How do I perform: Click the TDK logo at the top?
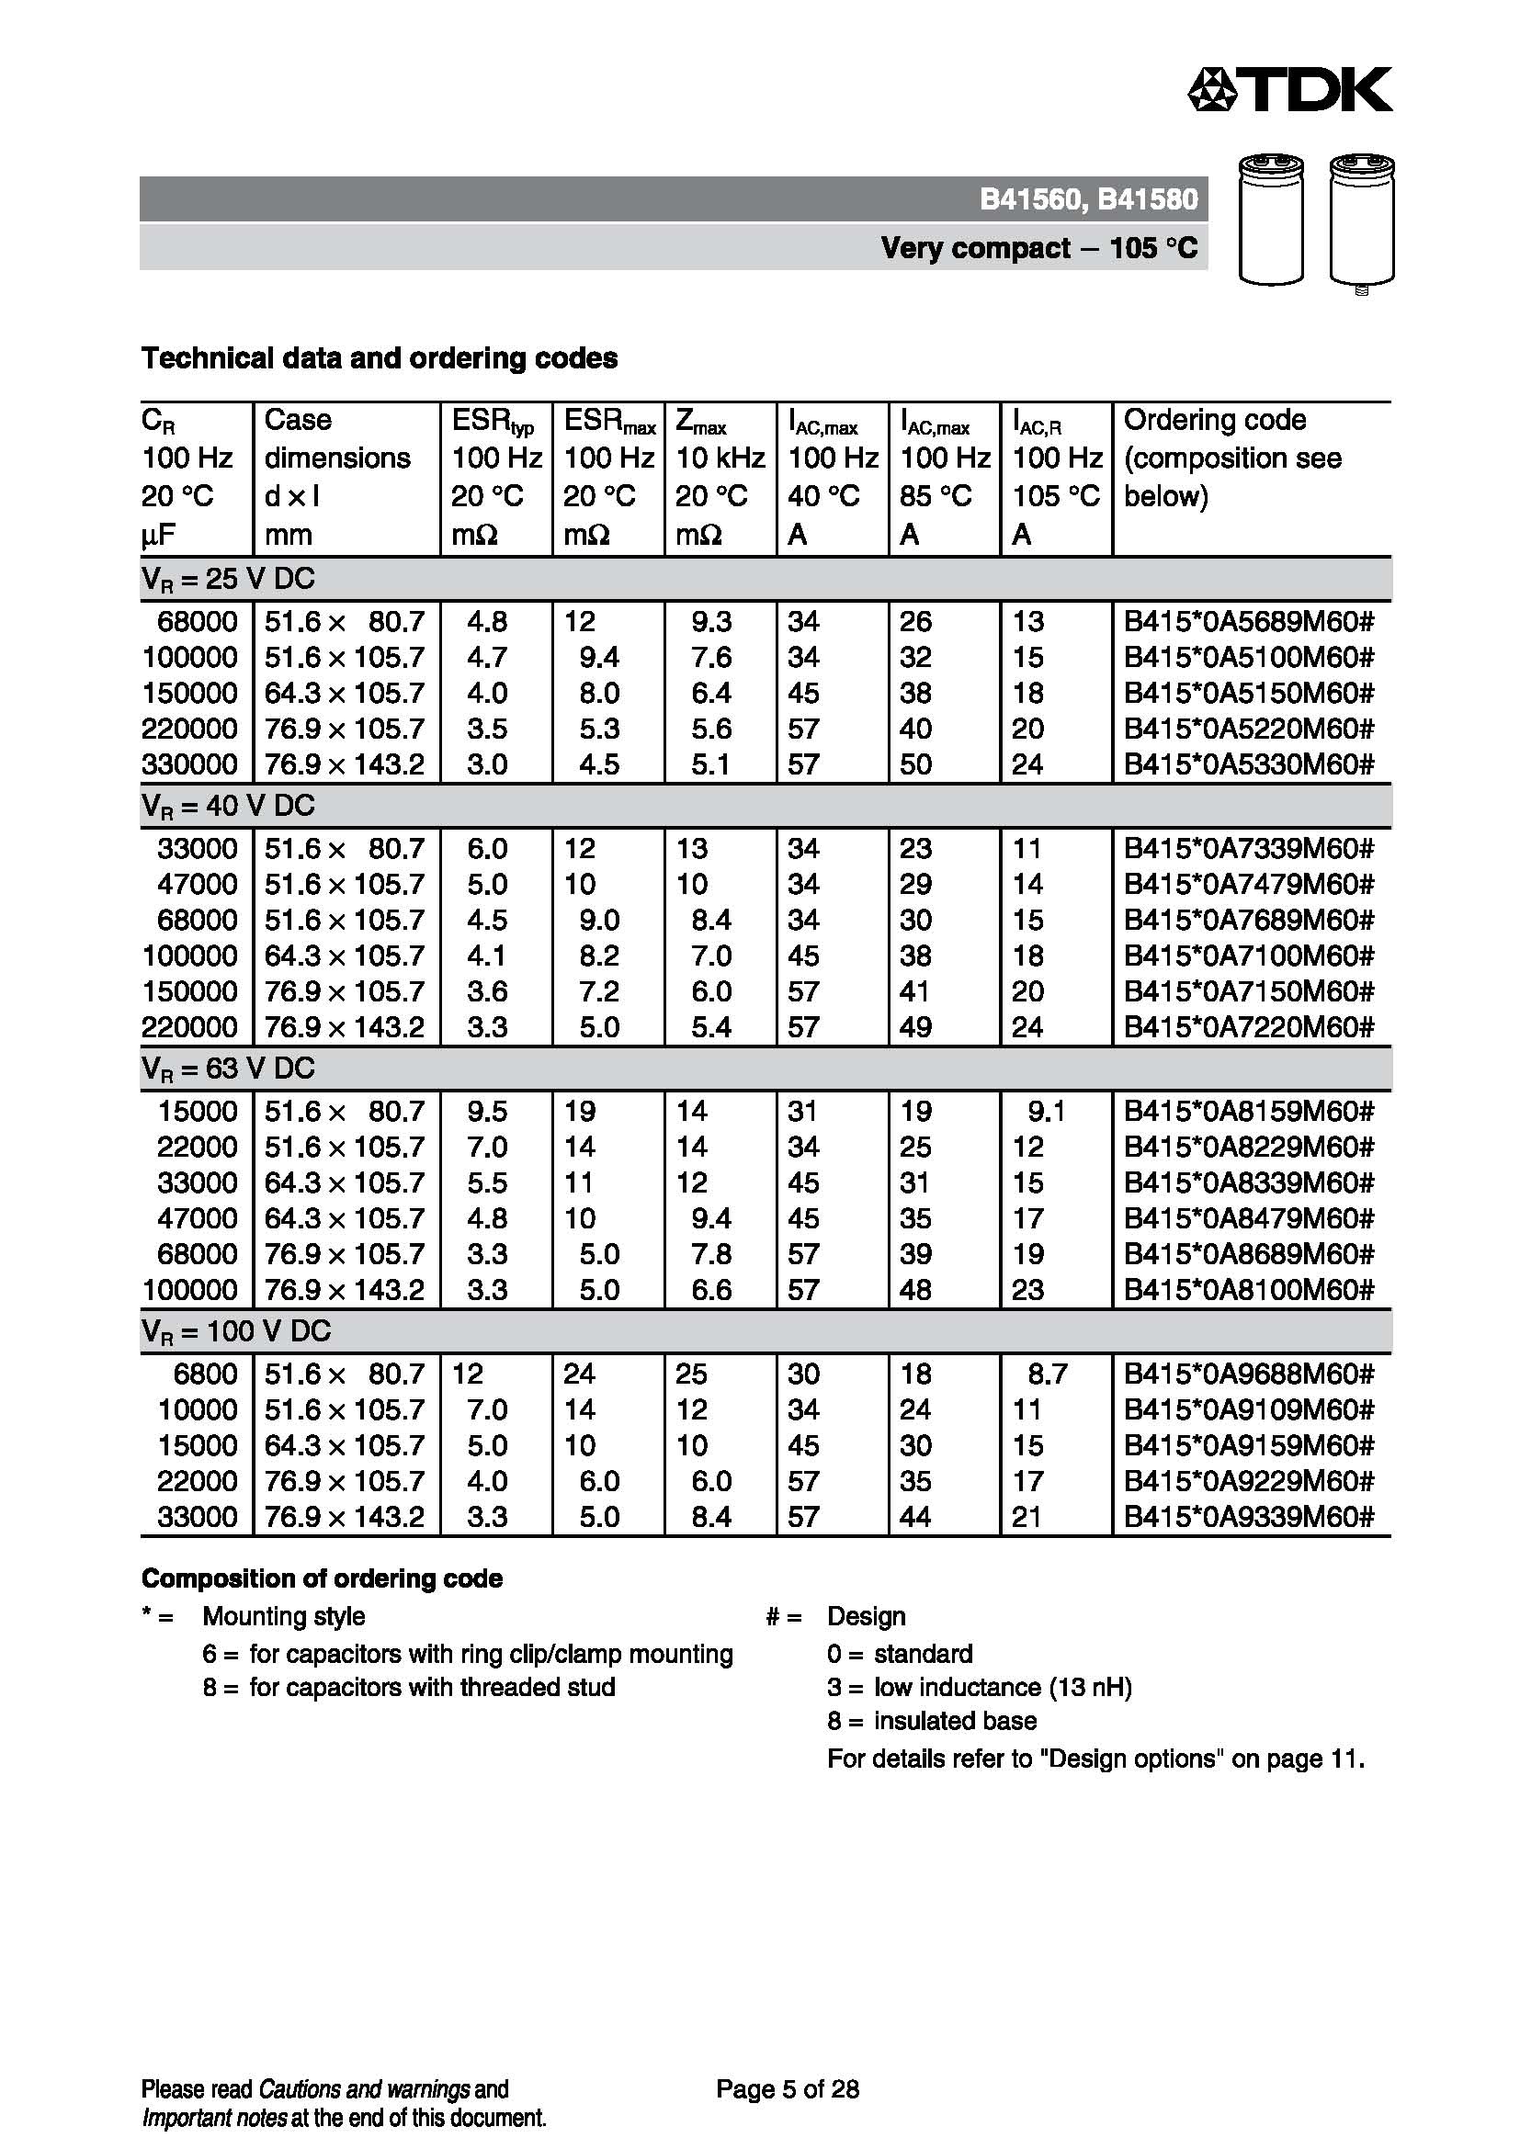coord(1288,90)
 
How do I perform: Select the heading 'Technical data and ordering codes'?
coord(379,358)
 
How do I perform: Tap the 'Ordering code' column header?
coord(1214,420)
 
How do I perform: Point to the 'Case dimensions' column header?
coord(337,439)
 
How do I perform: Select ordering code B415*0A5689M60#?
coord(1249,621)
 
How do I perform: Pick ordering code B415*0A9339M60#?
coord(1249,1517)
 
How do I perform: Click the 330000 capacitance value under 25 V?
coord(189,764)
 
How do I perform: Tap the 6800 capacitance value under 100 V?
coord(205,1374)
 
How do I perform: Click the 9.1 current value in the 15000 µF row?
coord(1046,1112)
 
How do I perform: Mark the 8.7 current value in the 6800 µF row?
coord(1047,1374)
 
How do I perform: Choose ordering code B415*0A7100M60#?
coord(1249,956)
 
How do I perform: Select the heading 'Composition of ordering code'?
coord(321,1579)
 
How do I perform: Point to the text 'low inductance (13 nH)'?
coord(1003,1688)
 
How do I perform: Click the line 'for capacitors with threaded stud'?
coord(432,1688)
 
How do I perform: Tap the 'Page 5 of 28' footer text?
coord(788,2089)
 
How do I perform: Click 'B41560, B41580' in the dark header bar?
coord(1088,199)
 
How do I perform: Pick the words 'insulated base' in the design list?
coord(955,1721)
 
